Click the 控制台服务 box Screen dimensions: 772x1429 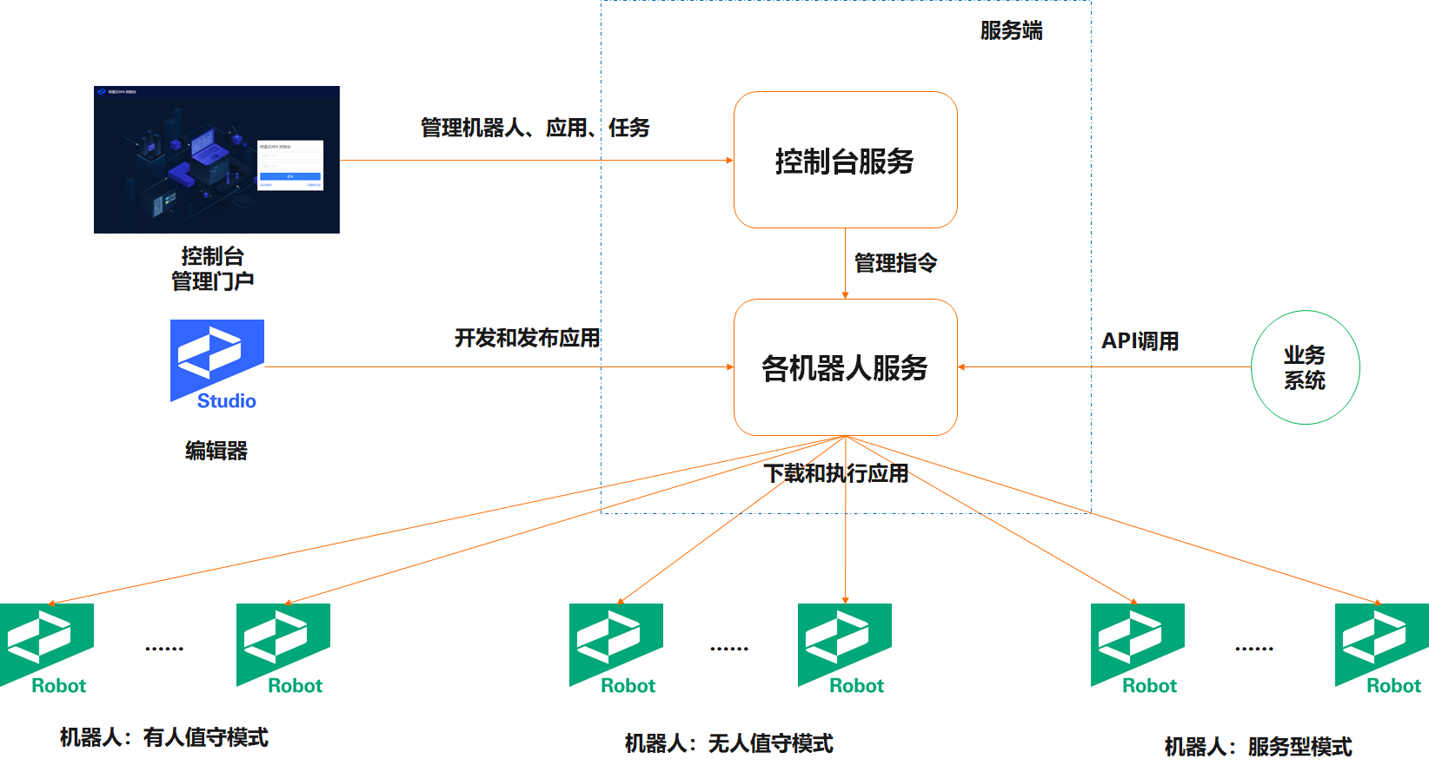845,161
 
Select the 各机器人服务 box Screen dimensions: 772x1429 845,367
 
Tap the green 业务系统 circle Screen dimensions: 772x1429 1305,367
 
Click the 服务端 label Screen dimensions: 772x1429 1011,31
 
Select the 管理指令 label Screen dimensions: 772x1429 895,263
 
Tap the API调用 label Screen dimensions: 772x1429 1140,341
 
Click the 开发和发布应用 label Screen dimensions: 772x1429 527,338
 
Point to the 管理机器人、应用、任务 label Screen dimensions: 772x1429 535,129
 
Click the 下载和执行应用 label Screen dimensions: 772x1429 835,473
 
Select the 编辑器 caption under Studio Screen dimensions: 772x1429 216,451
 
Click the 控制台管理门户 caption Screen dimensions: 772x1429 213,268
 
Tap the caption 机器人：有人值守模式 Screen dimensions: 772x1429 163,737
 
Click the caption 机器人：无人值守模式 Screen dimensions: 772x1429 728,743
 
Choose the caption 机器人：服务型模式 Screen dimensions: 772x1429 1258,747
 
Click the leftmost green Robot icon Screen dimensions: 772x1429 47,648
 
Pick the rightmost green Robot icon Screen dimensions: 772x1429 1381,648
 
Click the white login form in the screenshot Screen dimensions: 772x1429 290,164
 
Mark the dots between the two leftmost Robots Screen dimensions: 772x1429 164,649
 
